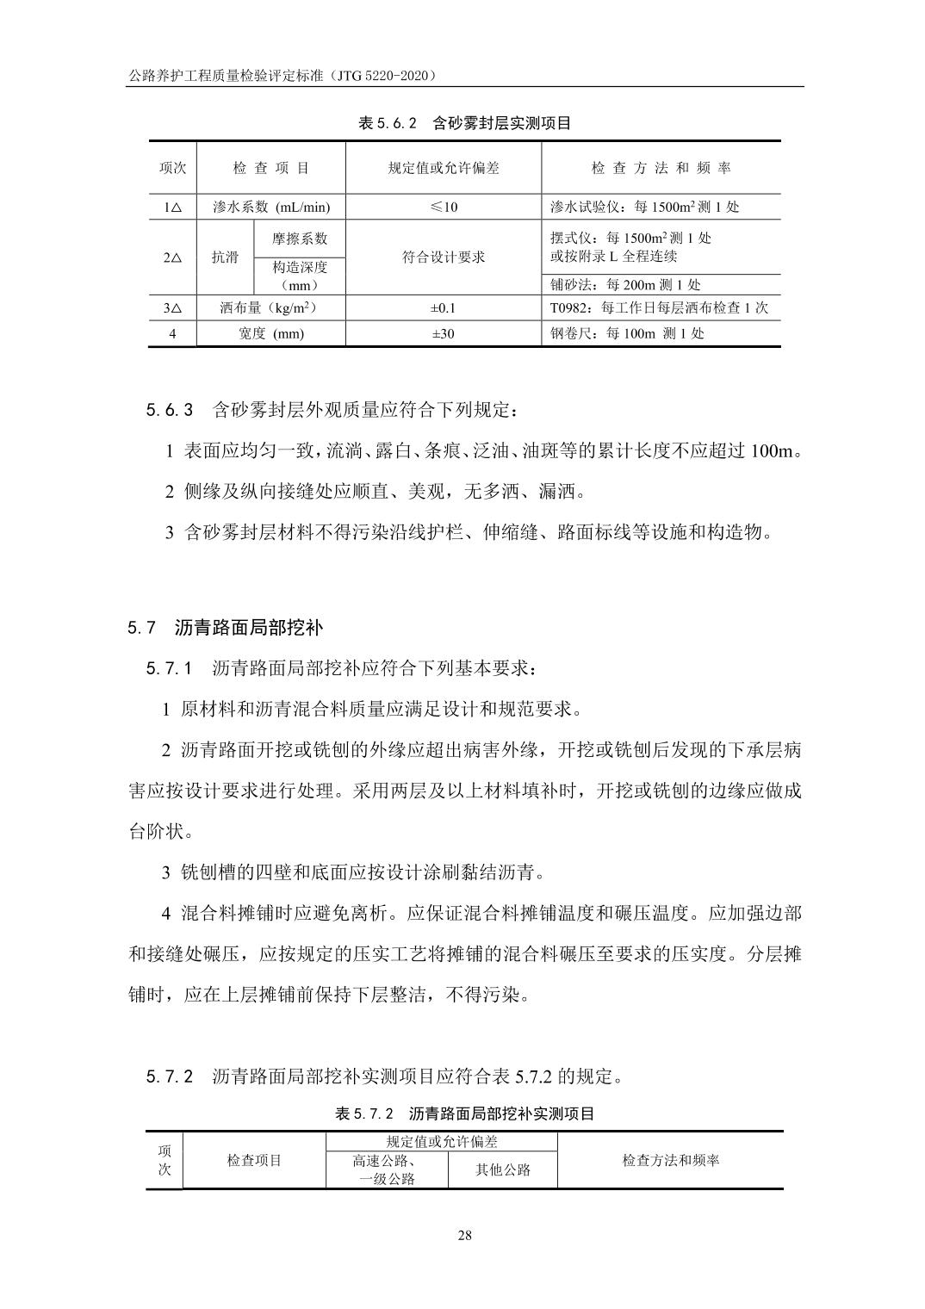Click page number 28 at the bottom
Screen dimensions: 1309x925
coord(464,1236)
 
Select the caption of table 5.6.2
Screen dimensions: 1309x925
coord(464,123)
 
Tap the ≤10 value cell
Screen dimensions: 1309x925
coord(444,207)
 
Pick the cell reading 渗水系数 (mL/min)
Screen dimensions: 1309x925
coord(271,207)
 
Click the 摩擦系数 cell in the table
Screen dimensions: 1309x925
coord(300,239)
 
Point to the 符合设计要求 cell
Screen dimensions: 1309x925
coord(444,257)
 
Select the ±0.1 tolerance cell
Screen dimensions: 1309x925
coord(444,307)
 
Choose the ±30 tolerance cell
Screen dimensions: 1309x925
coord(444,333)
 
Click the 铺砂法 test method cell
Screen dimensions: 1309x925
coord(625,285)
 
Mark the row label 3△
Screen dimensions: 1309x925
coord(172,307)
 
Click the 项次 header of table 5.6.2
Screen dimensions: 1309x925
coord(172,168)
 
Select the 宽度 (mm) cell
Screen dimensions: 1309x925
coord(271,333)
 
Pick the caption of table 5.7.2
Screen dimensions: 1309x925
coord(464,1114)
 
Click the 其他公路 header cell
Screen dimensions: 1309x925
coord(503,1169)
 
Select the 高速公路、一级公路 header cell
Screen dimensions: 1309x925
coord(387,1169)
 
